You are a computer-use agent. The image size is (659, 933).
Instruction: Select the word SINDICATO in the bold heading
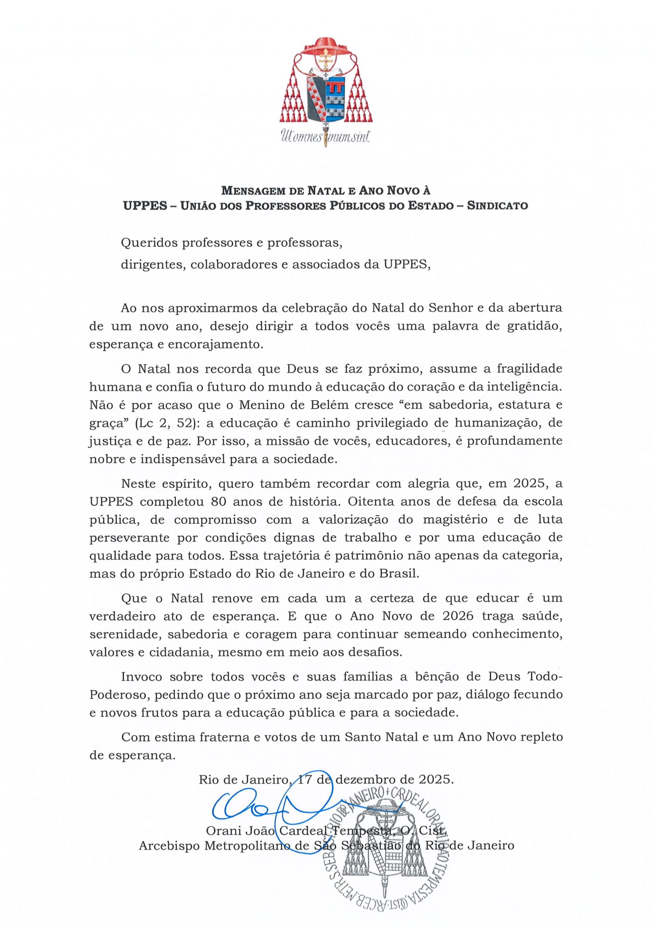tap(497, 206)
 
